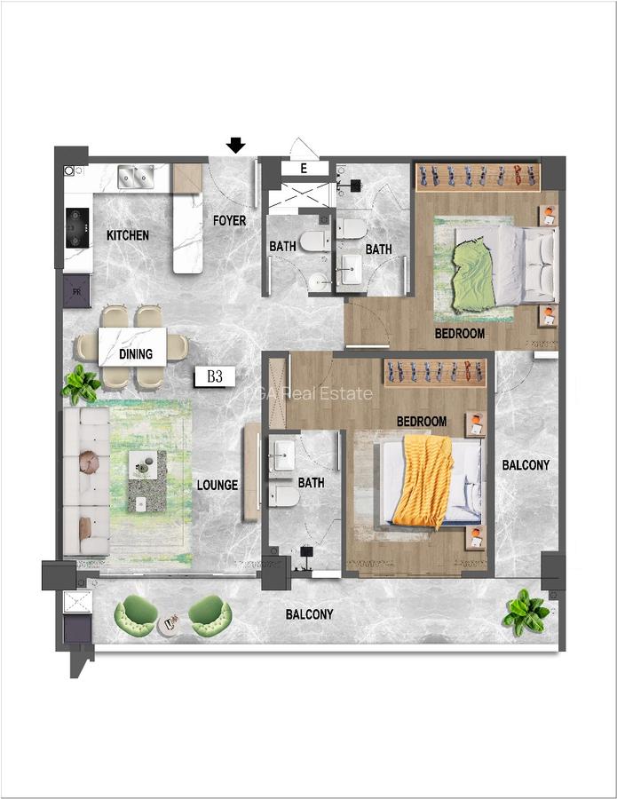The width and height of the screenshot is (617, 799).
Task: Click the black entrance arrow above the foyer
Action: pos(235,145)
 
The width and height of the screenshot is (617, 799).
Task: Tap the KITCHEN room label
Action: pos(128,236)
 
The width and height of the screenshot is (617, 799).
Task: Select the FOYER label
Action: pos(229,220)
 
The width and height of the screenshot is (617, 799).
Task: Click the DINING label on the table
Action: pos(136,353)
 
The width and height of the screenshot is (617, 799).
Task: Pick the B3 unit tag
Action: pos(214,376)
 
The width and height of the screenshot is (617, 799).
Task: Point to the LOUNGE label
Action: pos(218,485)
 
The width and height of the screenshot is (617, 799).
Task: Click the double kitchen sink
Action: pos(136,178)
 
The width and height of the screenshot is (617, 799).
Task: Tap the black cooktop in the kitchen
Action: pos(77,227)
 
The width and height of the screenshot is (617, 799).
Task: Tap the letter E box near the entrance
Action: pos(304,168)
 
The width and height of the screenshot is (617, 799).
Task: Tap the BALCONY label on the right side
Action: pos(526,464)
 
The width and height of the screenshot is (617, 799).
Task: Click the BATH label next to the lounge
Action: pos(311,483)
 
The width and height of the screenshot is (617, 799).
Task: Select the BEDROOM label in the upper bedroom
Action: pos(459,334)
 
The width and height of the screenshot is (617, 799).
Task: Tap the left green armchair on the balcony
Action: pos(138,613)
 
